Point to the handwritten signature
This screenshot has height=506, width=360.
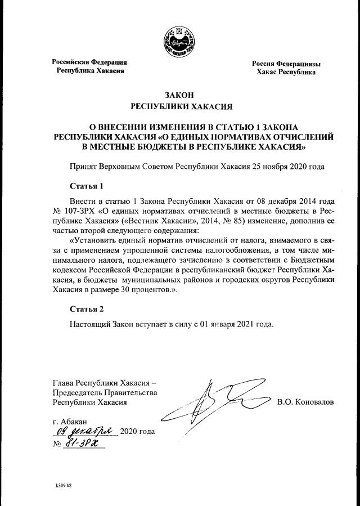point(214,403)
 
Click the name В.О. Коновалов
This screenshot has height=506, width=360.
point(305,402)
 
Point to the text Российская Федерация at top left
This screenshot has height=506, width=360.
point(89,62)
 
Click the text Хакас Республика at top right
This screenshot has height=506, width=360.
point(286,72)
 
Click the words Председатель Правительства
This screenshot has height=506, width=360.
point(105,392)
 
